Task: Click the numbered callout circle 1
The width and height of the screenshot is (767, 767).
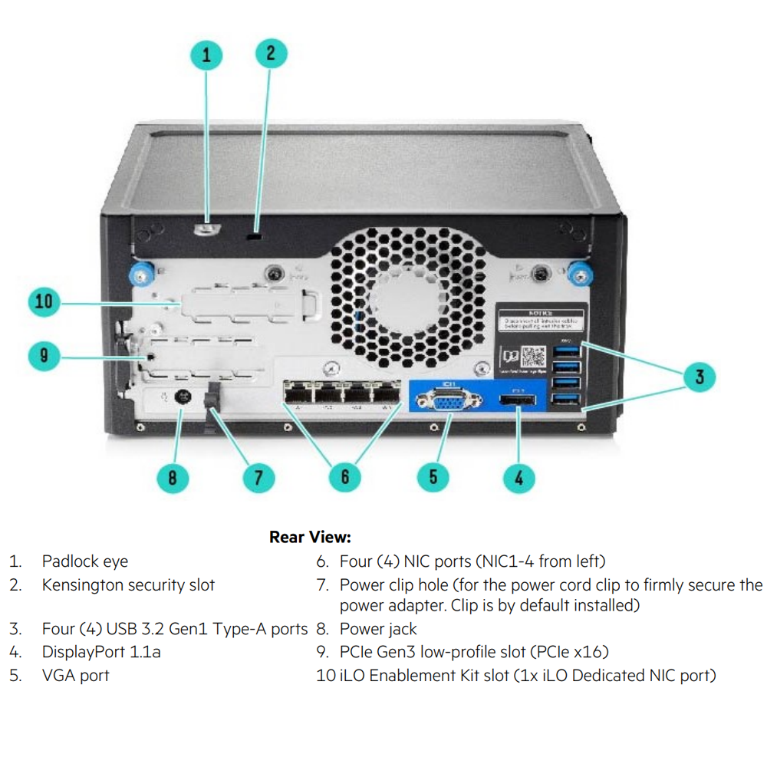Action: tap(206, 54)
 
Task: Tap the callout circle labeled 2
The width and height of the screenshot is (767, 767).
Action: tap(271, 53)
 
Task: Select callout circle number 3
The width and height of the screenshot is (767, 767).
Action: tap(700, 377)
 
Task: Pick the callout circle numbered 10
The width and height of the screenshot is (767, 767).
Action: tap(44, 301)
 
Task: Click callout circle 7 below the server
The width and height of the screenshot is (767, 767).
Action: tap(258, 478)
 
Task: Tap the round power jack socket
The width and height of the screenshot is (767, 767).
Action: tap(183, 398)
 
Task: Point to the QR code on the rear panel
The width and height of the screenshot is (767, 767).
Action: tap(533, 357)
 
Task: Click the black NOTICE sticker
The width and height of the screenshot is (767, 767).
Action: tap(541, 318)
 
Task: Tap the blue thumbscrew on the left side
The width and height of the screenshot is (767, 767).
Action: tap(141, 272)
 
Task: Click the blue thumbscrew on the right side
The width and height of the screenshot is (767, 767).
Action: tap(581, 272)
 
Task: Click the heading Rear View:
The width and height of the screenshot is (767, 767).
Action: tap(310, 537)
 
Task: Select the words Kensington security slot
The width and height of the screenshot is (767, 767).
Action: tap(128, 585)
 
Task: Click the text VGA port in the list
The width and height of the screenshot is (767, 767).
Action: tap(75, 676)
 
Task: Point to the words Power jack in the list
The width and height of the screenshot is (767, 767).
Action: tap(378, 630)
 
